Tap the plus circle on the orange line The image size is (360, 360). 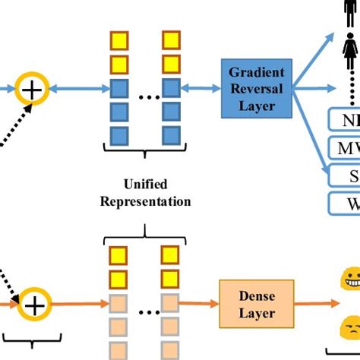(34, 306)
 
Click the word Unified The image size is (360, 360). (147, 185)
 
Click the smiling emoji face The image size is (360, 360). (349, 277)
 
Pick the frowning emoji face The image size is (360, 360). (350, 330)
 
